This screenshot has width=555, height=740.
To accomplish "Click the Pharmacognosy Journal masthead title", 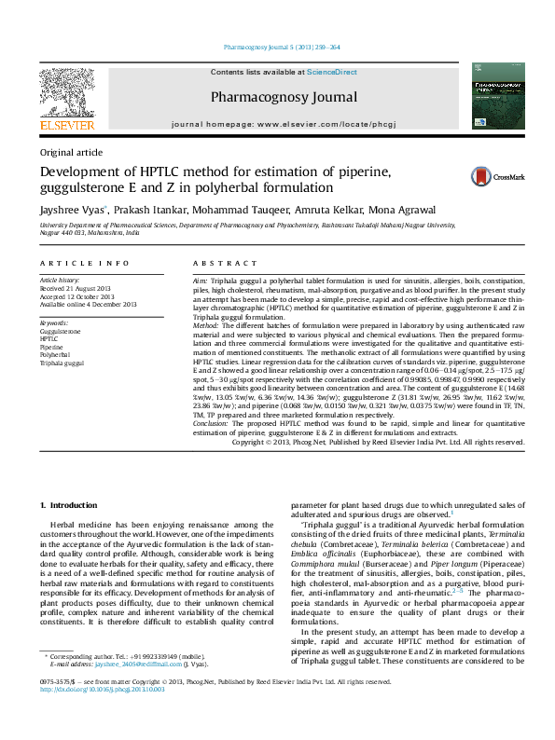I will click(x=284, y=96).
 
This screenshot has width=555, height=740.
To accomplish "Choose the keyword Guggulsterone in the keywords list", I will click(x=60, y=331).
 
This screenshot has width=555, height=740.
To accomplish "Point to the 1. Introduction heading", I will click(x=72, y=505).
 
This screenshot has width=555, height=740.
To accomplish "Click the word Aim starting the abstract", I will click(x=200, y=281).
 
